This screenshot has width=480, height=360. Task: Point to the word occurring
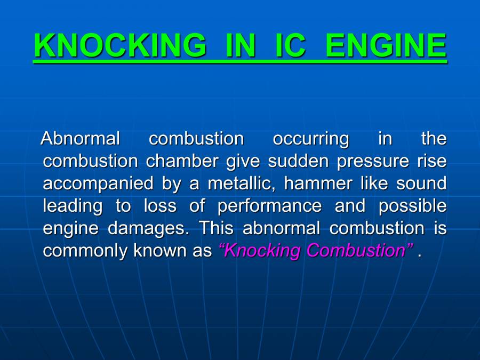point(311,139)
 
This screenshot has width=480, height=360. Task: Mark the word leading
point(73,206)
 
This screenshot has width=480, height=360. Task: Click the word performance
point(269,206)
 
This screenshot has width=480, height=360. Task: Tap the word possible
point(412,206)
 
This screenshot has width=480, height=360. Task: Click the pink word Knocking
point(260,251)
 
